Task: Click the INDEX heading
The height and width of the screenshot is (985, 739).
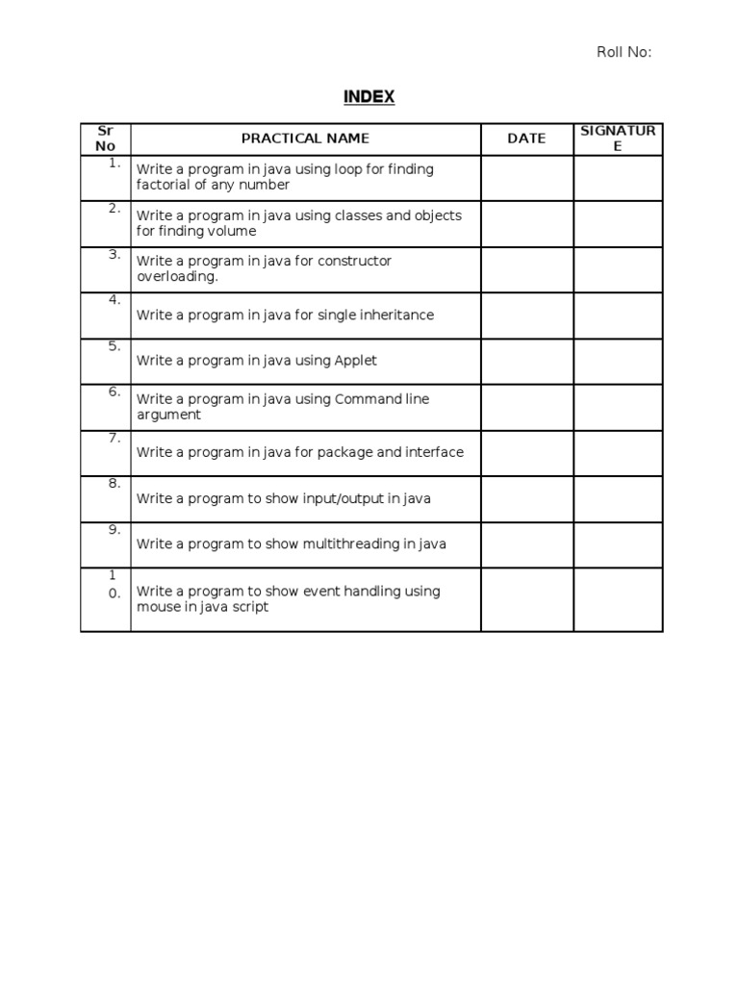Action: (x=369, y=97)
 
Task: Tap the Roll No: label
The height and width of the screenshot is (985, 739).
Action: (x=624, y=52)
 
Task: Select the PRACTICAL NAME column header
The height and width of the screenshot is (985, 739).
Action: (x=305, y=139)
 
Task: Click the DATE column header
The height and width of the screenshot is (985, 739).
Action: (x=526, y=139)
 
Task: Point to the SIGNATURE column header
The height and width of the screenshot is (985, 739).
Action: (x=618, y=139)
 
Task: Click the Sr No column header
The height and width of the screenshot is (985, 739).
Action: (x=105, y=139)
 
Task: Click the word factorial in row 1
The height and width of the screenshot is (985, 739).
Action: (x=165, y=185)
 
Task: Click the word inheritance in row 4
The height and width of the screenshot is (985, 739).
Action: (x=395, y=315)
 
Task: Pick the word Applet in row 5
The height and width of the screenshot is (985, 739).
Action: (x=355, y=361)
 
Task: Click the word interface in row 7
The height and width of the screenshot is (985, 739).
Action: (x=433, y=452)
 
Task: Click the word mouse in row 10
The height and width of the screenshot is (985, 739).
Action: (x=157, y=607)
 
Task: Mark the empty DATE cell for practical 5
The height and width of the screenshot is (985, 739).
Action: (x=526, y=361)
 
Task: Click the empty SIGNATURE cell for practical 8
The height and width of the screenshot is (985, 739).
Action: (x=618, y=498)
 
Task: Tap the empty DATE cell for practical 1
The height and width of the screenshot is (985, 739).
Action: (x=526, y=178)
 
